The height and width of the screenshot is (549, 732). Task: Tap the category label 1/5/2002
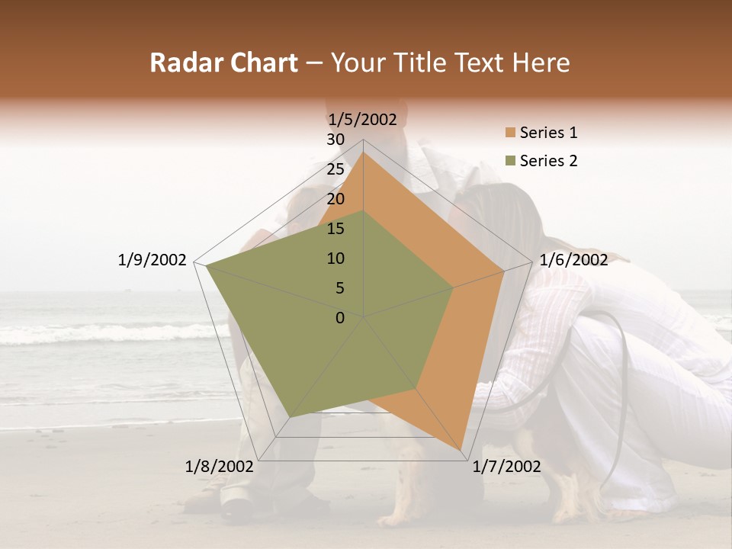(362, 119)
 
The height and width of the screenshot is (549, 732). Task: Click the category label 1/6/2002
(573, 260)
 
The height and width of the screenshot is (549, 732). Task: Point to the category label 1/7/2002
(506, 467)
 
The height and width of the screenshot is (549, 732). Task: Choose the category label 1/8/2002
(220, 467)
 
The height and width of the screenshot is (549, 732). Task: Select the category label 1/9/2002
(152, 260)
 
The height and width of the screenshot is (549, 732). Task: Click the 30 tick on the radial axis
(335, 140)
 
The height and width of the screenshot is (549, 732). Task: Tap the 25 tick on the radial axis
(335, 169)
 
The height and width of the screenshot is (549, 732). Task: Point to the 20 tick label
(335, 199)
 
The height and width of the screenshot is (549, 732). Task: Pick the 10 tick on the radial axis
(335, 258)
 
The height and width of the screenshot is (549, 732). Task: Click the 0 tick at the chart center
(340, 318)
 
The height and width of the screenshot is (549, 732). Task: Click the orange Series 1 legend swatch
(510, 133)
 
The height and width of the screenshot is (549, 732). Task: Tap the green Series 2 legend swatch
(510, 161)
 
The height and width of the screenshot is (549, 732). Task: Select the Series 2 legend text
(548, 161)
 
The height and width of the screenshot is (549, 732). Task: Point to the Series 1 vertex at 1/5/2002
(363, 152)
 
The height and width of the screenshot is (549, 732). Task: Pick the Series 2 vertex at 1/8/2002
(290, 416)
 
